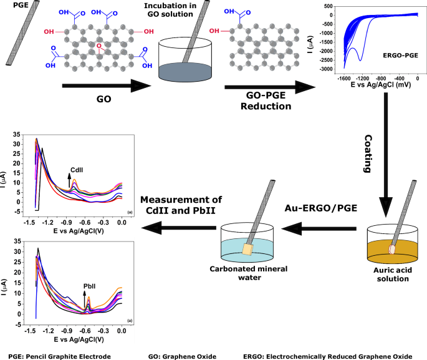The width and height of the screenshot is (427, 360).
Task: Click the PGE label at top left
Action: pos(12,6)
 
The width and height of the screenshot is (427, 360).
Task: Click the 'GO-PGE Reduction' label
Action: pos(258,101)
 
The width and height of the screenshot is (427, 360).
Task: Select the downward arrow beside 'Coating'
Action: pos(387,156)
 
